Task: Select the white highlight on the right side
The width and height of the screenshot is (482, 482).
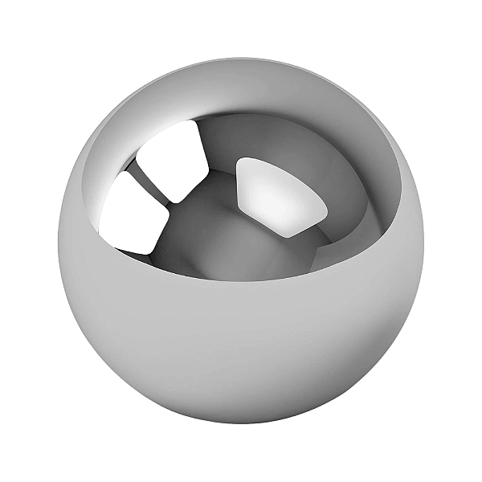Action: point(281,194)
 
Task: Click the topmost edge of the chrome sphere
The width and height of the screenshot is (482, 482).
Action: point(241,57)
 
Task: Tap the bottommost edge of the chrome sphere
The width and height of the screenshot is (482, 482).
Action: point(241,424)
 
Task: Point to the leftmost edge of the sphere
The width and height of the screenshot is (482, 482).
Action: point(58,241)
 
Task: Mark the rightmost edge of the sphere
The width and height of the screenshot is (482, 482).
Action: point(424,241)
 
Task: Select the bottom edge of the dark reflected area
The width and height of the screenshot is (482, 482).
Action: point(241,281)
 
